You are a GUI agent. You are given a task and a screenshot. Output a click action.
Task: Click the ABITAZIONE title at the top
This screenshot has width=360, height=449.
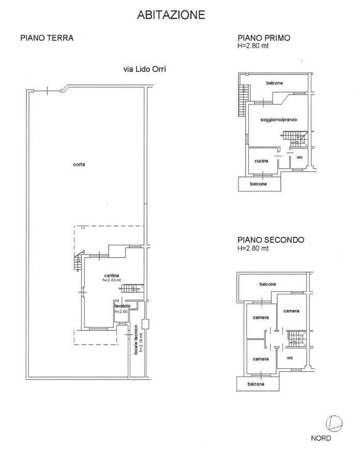[x=171, y=15]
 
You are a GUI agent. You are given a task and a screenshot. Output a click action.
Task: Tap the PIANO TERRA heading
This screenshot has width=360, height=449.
[x=47, y=38]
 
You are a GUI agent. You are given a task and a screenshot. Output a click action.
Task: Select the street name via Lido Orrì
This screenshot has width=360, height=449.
[x=145, y=69]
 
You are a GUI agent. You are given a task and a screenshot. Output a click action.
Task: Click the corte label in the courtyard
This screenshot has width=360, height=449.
[x=79, y=164]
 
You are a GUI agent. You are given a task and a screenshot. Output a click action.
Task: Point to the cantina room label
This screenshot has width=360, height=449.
[x=111, y=276]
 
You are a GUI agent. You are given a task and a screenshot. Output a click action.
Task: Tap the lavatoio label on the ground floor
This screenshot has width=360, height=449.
[x=122, y=306]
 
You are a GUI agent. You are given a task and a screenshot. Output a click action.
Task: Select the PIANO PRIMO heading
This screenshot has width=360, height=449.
[x=264, y=38]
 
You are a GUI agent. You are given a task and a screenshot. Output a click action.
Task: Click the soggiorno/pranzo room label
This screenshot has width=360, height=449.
[x=274, y=119]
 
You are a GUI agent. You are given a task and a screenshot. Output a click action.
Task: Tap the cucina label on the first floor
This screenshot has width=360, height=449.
[x=261, y=161]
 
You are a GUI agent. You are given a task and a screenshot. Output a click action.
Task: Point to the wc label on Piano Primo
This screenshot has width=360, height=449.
[x=299, y=157]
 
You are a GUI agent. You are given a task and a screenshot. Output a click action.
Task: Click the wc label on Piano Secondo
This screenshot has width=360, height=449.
[x=290, y=357]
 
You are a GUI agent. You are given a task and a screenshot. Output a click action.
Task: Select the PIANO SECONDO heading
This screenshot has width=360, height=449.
[x=271, y=240]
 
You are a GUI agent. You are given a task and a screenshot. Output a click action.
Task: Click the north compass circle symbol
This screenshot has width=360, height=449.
[x=334, y=423]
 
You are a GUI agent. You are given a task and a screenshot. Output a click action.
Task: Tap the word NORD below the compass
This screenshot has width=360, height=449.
[x=321, y=438]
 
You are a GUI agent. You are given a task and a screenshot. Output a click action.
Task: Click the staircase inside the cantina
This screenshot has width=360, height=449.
[x=132, y=288]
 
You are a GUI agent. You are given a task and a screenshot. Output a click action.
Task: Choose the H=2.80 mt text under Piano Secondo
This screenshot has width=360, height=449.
[x=253, y=248]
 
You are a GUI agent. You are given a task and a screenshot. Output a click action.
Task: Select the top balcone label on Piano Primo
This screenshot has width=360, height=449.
[x=274, y=83]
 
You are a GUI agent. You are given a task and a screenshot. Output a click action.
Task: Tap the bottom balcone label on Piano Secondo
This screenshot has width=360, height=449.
[x=256, y=384]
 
